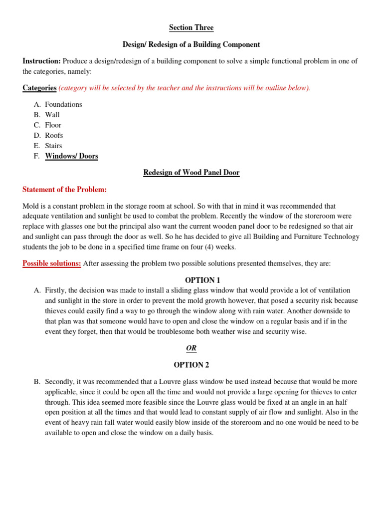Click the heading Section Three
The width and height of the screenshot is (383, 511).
191,27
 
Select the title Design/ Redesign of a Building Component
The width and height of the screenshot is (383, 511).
191,44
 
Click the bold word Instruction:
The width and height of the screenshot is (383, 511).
41,61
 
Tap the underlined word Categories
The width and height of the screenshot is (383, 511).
39,88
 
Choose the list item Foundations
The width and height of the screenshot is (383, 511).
63,104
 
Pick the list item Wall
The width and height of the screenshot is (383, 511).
52,115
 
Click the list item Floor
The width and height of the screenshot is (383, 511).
53,125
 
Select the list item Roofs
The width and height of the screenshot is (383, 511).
54,135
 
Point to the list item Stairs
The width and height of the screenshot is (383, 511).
53,146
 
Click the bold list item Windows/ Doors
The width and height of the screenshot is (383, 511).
71,156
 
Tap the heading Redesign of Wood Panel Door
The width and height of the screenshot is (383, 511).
191,173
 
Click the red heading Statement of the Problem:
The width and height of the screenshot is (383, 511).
65,190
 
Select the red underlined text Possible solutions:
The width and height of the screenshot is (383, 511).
52,263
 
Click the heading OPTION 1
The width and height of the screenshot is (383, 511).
191,280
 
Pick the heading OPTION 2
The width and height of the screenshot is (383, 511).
191,365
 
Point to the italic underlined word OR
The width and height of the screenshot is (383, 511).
191,348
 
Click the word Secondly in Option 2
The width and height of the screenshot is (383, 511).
60,381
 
